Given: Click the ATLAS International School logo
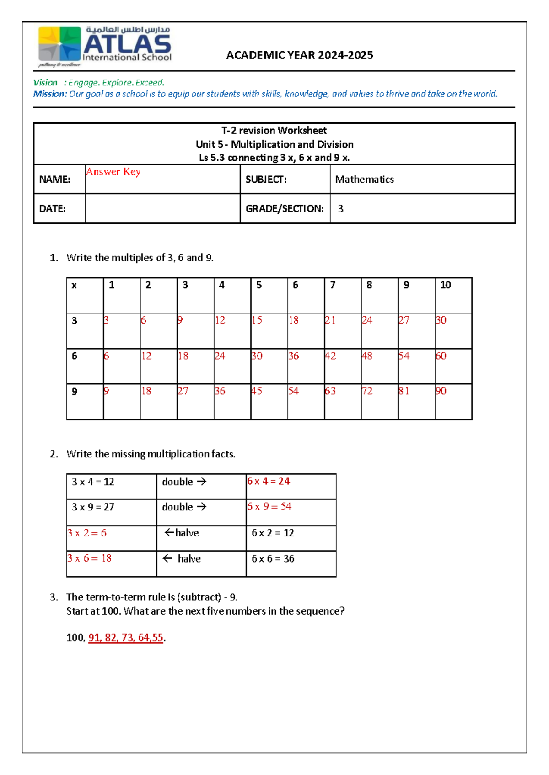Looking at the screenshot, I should point(105,46).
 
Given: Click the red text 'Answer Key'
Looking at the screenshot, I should point(113,172).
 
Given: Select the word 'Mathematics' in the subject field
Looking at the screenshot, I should point(364,180).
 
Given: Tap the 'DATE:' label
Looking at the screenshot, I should point(52,209).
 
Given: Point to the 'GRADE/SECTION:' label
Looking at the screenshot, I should point(285,209).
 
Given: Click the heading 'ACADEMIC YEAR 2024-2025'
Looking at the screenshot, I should point(300,55).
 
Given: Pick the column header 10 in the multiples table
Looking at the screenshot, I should point(445,285).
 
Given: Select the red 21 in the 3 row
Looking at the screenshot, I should point(330,320).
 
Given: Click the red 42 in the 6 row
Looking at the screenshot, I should point(330,356).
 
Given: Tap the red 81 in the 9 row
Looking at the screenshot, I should point(404,391).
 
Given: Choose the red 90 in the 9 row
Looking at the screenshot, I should point(441,391).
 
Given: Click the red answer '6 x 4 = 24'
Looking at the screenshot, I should point(269,481).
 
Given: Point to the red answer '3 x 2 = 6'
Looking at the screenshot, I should point(87,533).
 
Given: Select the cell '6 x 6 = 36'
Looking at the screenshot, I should point(273,559).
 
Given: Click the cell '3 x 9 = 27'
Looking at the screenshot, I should point(93,507).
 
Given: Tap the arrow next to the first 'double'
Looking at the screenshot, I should point(202,482).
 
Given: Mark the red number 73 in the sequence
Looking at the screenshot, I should point(127,638).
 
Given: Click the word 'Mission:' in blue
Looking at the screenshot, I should point(50,94).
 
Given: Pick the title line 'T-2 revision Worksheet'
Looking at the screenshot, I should point(274,131).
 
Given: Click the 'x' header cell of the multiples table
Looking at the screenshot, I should point(74,286).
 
